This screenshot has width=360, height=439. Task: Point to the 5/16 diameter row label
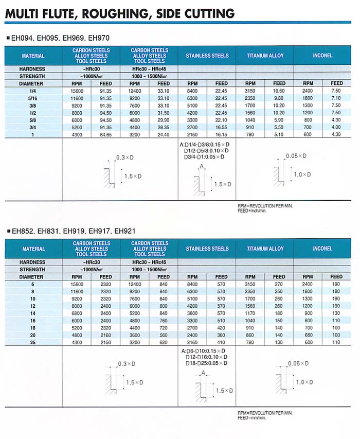33,98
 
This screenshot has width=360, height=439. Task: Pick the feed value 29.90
163,119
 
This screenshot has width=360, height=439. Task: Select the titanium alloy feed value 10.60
279,91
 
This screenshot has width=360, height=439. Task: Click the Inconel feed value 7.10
336,98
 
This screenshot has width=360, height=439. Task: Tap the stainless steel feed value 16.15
221,134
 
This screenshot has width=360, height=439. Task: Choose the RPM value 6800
76,313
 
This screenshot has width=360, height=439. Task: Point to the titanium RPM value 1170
250,313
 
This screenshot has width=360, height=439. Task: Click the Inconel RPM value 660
308,335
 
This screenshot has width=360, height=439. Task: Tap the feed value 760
163,320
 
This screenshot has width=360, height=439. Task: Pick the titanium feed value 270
279,284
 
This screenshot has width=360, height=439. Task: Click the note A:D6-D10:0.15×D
204,351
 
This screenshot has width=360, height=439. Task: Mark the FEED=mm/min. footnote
252,417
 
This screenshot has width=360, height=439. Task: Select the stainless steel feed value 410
221,342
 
